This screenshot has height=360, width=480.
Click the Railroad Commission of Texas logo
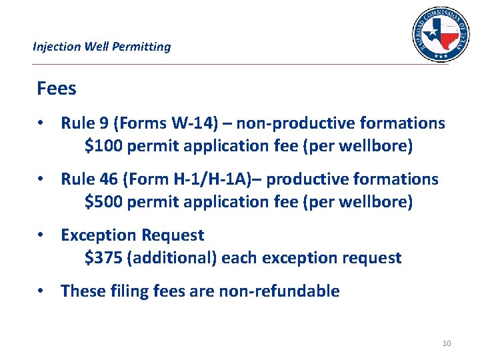click(441, 35)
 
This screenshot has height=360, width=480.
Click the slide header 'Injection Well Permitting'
click(101, 47)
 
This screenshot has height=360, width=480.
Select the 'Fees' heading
click(57, 89)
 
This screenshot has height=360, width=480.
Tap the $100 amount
click(103, 146)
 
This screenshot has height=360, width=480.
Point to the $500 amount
click(103, 202)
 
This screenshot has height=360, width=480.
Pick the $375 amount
click(103, 258)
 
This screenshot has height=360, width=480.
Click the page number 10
click(447, 343)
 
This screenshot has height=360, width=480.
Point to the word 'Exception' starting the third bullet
click(97, 235)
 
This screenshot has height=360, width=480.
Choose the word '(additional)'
click(171, 258)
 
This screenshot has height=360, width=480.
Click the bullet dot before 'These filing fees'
click(41, 291)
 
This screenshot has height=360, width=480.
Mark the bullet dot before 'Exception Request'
click(41, 235)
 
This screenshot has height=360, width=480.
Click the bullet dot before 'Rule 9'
click(41, 123)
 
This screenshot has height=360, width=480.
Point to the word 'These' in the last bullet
click(80, 291)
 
